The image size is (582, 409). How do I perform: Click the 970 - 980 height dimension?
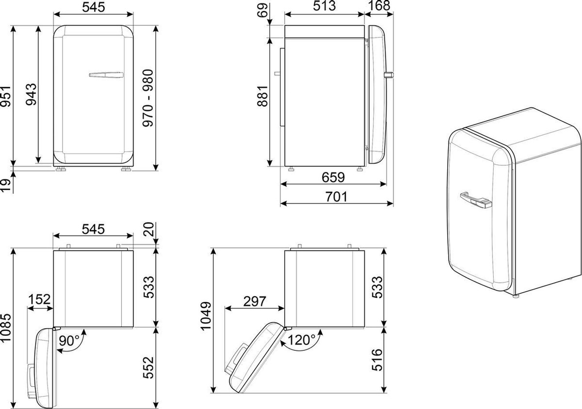(x=148, y=98)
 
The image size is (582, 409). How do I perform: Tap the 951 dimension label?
(x=5, y=96)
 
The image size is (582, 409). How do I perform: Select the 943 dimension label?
(x=31, y=94)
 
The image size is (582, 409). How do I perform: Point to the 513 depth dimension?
(x=324, y=6)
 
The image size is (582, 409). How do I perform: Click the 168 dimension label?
(x=379, y=6)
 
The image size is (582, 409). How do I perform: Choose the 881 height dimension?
(x=262, y=96)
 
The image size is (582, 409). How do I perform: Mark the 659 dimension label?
(x=333, y=177)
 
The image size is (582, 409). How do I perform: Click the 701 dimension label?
(x=336, y=197)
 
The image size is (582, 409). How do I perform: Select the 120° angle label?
(x=301, y=340)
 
